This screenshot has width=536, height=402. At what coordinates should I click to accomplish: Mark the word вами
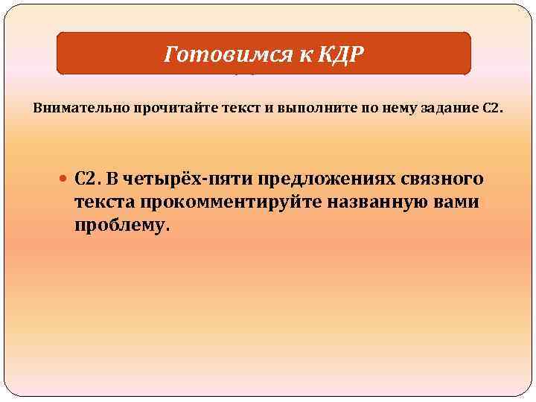tap(456, 202)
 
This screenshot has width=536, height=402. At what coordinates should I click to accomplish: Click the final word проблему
tap(122, 226)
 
